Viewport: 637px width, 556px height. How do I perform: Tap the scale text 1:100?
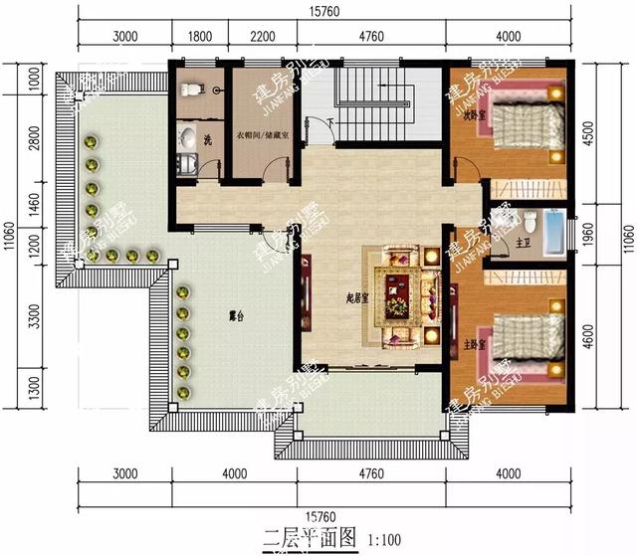coord(385,541)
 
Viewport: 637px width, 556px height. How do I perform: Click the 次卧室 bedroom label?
coord(474,115)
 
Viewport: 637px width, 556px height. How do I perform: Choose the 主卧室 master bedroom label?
coord(474,346)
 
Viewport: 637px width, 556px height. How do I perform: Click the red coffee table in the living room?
coord(398,289)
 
